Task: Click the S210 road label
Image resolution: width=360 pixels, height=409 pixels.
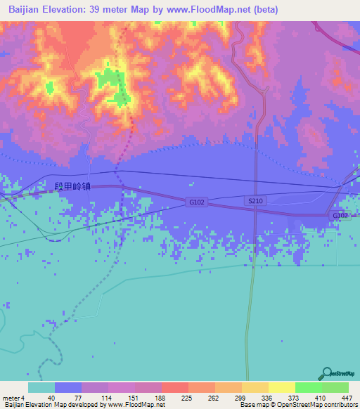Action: tap(254, 202)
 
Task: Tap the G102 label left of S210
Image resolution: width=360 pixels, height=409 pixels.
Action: tap(196, 202)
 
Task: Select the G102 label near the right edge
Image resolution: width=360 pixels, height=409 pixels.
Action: tap(340, 215)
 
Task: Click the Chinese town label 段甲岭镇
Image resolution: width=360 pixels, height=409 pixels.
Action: tap(72, 188)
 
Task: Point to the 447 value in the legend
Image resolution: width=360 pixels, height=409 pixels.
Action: tap(346, 397)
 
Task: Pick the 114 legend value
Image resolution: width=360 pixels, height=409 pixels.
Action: tap(108, 397)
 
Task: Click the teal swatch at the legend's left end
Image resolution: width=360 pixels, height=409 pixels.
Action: tap(41, 387)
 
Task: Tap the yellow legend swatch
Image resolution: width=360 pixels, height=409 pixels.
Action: tap(281, 387)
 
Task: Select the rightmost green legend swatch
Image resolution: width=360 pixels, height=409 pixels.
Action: tap(335, 387)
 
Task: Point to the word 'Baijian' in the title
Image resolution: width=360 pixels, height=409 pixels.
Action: tap(27, 10)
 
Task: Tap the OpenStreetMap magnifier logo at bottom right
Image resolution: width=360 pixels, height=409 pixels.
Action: tap(327, 372)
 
